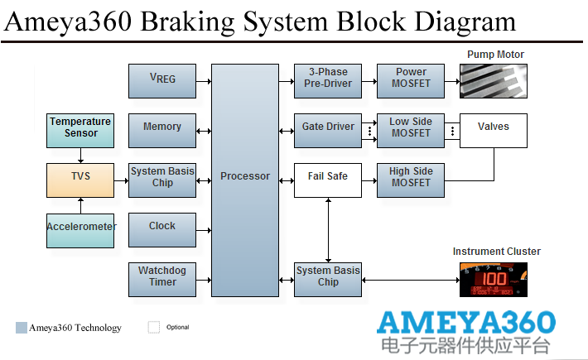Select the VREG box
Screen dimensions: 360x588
point(162,80)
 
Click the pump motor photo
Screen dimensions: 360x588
point(494,82)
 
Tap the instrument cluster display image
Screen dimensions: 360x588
point(494,279)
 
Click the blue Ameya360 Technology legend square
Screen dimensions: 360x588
point(21,328)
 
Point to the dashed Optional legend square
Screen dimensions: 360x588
point(153,327)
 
